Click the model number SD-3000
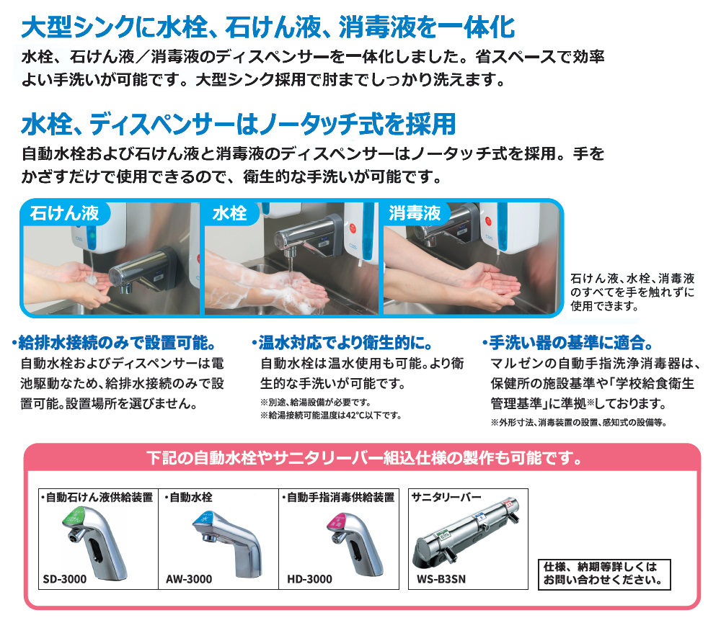(65, 579)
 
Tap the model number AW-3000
(189, 579)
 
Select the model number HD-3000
(309, 579)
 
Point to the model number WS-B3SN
(441, 579)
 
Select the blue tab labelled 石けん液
(65, 212)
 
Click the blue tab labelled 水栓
(231, 213)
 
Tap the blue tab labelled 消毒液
(415, 213)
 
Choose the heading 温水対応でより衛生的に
(342, 342)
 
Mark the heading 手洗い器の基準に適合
(568, 342)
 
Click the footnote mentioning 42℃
(331, 416)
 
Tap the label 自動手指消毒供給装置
(338, 497)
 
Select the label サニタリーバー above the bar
(446, 497)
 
